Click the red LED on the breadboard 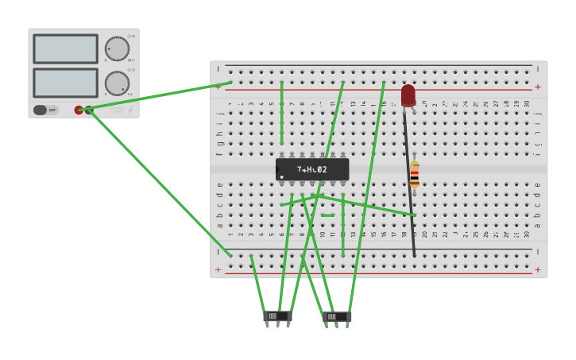tap(408, 95)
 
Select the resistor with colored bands tap(414, 174)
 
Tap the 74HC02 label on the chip tap(312, 169)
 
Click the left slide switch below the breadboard tap(277, 316)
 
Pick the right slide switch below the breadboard tap(337, 316)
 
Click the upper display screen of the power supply tap(65, 48)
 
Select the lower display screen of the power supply tap(65, 83)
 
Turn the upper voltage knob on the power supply tap(117, 48)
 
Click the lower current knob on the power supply tap(117, 83)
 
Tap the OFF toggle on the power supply tap(45, 110)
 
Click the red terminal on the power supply tap(79, 110)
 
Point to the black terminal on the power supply tap(89, 110)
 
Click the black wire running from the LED tap(409, 183)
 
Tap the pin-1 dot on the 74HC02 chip tap(282, 176)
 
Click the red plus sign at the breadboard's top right tap(538, 87)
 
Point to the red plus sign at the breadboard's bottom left tap(218, 270)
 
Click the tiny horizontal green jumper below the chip tap(327, 215)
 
